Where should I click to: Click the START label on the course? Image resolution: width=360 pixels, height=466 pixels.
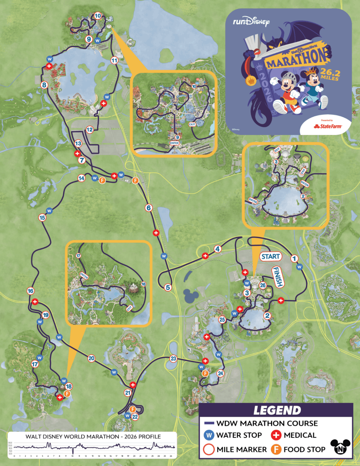click(271, 256)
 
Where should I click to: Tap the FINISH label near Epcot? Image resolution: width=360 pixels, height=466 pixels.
click(278, 277)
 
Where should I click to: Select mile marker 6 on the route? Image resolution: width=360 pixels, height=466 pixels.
click(149, 208)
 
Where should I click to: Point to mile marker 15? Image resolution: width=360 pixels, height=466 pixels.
click(42, 217)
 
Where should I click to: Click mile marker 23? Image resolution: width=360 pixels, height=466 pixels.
click(173, 359)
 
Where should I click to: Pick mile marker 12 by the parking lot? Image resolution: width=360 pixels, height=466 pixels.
click(90, 130)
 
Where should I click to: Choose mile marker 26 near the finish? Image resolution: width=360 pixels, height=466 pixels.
click(263, 285)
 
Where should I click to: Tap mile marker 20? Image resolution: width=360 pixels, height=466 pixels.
click(91, 358)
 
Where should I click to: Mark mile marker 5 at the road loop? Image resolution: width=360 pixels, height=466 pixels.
click(168, 287)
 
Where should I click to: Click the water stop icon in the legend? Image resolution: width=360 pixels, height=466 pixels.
click(209, 435)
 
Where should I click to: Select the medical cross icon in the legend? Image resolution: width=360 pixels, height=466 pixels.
click(276, 435)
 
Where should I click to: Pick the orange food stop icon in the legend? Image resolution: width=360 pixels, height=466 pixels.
click(276, 449)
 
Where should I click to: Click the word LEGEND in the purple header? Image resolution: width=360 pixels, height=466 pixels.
click(277, 410)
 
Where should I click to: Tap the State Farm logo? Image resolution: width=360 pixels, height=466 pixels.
click(328, 126)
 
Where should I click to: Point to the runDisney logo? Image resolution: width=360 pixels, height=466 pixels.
click(251, 22)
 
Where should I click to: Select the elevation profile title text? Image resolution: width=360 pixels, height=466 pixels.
click(93, 436)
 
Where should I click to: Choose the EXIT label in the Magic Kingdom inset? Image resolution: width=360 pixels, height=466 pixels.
click(192, 124)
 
